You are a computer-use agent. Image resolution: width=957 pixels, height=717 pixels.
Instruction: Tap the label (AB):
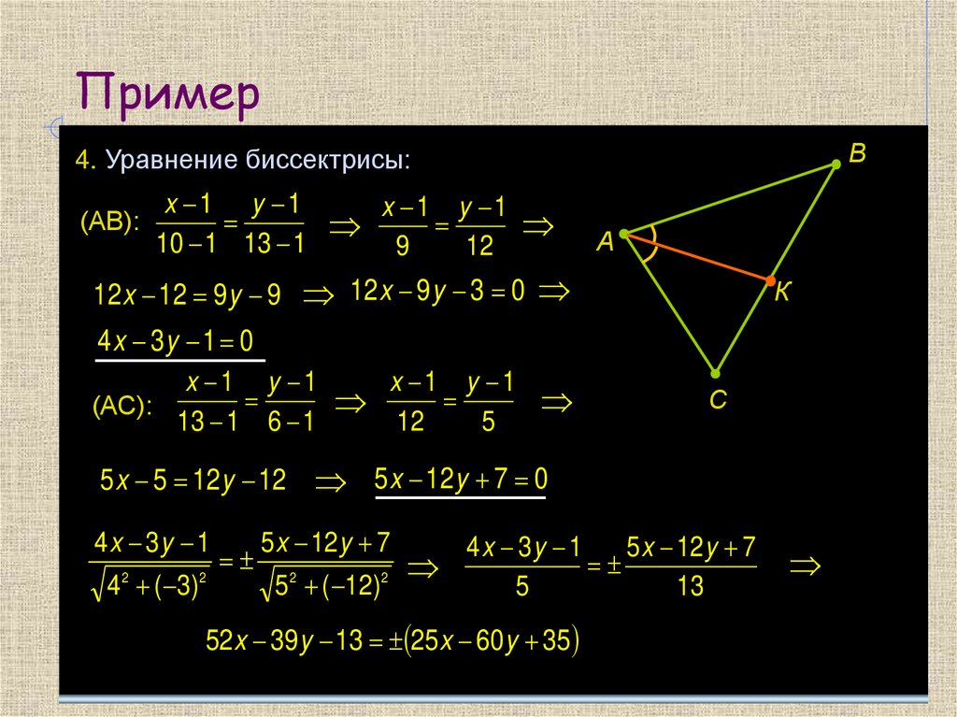pos(110,222)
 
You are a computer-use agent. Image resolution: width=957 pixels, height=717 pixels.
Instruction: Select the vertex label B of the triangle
pos(857,151)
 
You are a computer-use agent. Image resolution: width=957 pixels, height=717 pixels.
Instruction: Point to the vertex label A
pos(605,243)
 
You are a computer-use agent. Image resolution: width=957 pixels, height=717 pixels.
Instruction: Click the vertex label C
pos(718,400)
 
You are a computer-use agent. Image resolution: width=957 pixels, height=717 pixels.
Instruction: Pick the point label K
pos(783,293)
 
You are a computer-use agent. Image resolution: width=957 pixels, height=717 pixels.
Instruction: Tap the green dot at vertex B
pos(836,165)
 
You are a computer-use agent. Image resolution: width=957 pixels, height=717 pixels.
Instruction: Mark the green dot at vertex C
pos(716,371)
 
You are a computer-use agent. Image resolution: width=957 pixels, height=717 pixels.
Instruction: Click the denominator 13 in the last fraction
pos(691,586)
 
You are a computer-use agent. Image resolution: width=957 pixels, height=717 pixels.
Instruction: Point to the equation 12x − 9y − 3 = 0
pos(438,292)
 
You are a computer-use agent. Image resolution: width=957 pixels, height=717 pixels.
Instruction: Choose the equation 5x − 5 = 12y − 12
pos(193,481)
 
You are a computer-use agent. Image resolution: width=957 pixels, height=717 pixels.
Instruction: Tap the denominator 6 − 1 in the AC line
pos(291,422)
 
